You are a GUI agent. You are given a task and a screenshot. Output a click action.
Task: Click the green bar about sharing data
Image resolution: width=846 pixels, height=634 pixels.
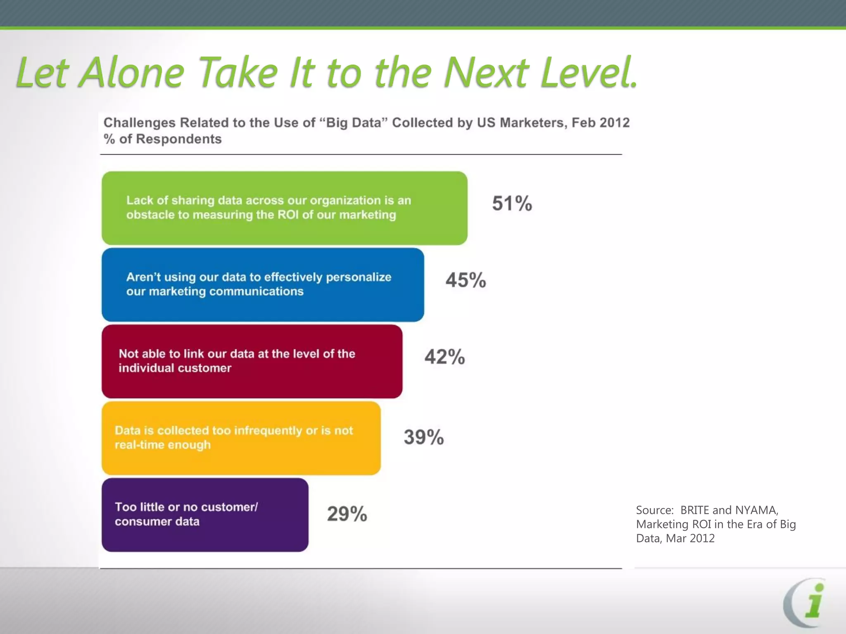284,208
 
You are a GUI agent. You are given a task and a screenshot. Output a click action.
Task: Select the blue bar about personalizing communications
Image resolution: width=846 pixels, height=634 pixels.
263,284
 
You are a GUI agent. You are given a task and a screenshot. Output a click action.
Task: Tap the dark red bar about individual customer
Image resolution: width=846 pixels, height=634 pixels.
252,361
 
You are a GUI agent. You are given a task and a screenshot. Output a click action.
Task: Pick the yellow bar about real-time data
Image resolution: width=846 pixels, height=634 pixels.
241,438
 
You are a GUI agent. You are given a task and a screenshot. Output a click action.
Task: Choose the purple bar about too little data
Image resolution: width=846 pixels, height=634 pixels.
205,515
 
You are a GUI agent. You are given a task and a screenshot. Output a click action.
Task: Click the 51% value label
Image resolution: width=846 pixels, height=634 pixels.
512,203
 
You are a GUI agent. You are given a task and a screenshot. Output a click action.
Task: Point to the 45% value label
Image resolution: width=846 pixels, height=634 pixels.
466,280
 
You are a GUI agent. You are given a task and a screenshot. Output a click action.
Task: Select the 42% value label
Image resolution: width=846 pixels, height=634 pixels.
444,357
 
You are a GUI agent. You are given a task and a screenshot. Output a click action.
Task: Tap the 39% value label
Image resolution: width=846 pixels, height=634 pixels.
423,437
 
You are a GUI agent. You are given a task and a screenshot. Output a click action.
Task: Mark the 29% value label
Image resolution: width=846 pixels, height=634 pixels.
347,514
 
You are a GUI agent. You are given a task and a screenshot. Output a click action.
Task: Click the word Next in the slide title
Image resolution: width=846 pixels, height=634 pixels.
486,73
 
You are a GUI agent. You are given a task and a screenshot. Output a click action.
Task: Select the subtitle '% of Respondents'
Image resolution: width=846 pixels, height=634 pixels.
162,139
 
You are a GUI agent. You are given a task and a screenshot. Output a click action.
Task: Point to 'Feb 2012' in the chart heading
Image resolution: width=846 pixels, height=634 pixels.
601,123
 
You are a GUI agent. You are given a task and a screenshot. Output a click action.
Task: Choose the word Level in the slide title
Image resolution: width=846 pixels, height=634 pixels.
589,73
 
